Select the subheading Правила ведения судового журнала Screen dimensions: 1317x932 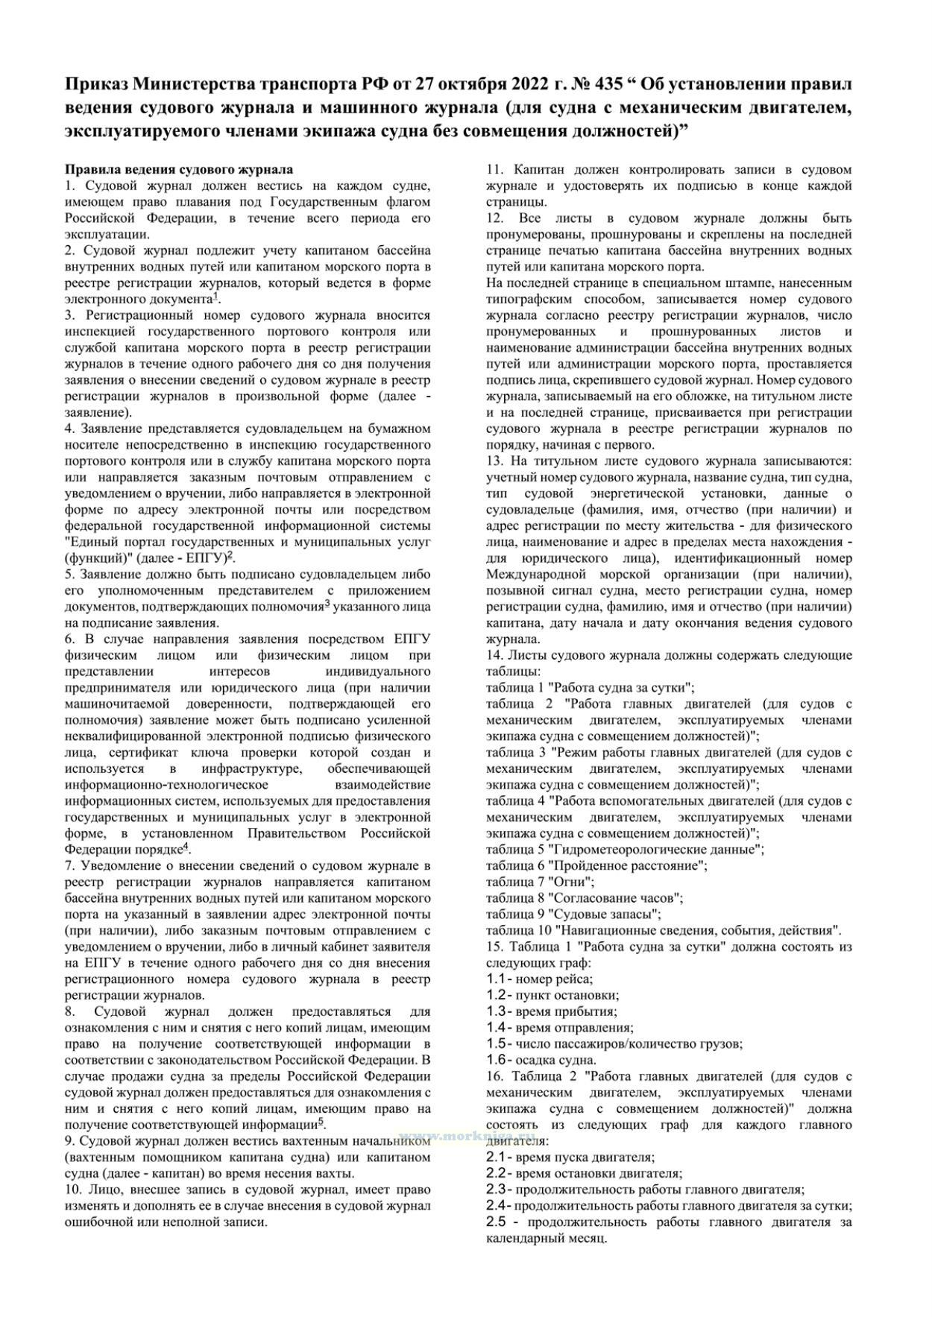(x=179, y=170)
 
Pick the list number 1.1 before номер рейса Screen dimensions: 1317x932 (x=497, y=979)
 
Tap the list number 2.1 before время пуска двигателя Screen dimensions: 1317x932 (x=497, y=1157)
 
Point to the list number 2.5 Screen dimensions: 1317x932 (x=497, y=1222)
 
